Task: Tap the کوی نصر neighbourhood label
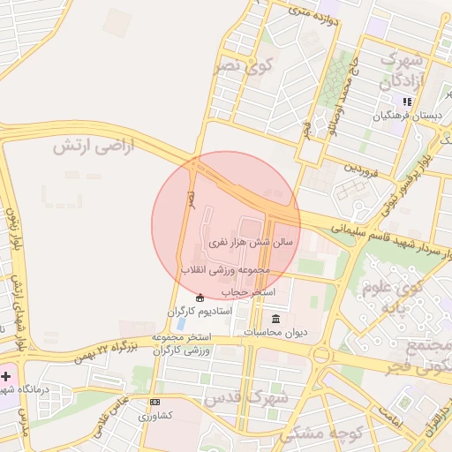pyautogui.click(x=243, y=64)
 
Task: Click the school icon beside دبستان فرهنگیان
pyautogui.click(x=407, y=102)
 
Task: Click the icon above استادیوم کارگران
pyautogui.click(x=200, y=298)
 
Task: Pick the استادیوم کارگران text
pyautogui.click(x=200, y=312)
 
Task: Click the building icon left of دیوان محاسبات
pyautogui.click(x=275, y=318)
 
